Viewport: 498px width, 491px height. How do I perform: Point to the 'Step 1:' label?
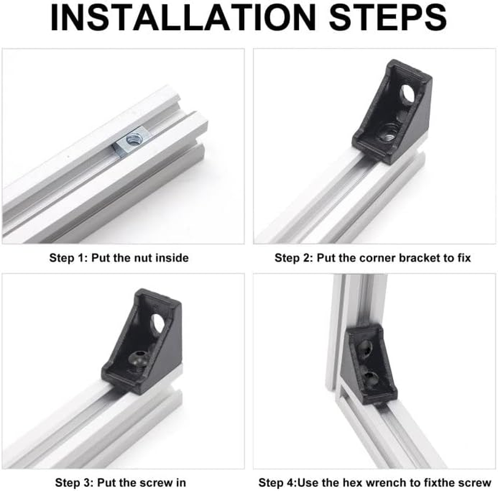click(68, 258)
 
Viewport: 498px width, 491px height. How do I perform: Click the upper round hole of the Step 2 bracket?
click(408, 94)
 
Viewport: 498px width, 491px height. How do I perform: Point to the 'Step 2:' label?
click(294, 258)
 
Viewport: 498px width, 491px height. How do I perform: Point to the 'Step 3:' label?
click(74, 482)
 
